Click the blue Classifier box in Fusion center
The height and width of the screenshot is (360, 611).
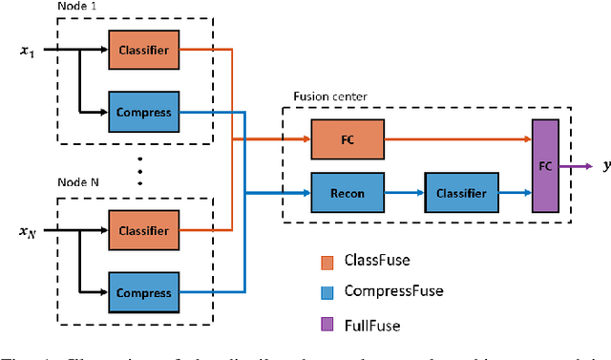[x=461, y=193]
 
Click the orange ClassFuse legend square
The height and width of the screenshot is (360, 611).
[x=326, y=259]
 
